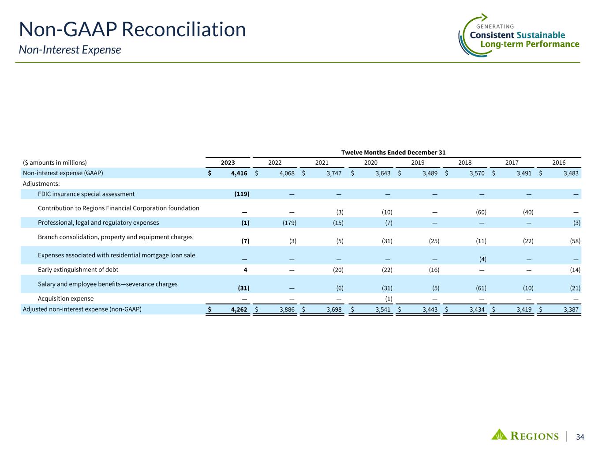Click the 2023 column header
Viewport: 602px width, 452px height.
[x=228, y=162]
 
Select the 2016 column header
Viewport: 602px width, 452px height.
[x=559, y=162]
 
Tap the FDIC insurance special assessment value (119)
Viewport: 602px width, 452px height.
[x=242, y=194]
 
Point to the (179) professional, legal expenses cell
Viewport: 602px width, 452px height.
[x=289, y=223]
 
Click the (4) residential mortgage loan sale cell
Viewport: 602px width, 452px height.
[x=483, y=259]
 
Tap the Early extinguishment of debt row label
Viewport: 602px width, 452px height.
[x=78, y=270]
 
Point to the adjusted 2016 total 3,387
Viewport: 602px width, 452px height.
[x=570, y=309]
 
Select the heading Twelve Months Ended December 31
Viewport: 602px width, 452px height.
[x=393, y=152]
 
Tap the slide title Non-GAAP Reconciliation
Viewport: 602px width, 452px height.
[x=132, y=30]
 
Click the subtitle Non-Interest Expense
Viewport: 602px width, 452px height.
[x=70, y=50]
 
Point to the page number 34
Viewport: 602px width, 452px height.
[x=580, y=437]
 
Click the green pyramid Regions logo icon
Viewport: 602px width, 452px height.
[x=499, y=434]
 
